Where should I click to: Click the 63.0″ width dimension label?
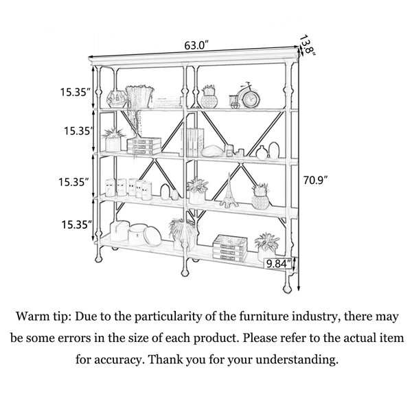pos(196,45)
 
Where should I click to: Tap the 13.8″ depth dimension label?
pos(308,45)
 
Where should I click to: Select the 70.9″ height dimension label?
pos(316,180)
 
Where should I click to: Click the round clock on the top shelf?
pos(251,100)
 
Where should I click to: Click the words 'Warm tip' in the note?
pos(41,317)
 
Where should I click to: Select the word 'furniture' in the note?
pos(264,317)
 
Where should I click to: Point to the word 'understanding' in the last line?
pos(297,359)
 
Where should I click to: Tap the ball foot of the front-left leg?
pos(98,259)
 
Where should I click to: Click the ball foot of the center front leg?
pos(185,273)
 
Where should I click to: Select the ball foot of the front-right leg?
pos(288,289)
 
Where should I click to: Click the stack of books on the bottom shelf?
pos(230,248)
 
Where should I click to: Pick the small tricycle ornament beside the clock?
pos(235,98)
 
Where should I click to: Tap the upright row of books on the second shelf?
pos(194,142)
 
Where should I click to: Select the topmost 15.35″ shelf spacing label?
pos(76,92)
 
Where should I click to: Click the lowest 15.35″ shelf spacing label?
pos(77,225)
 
